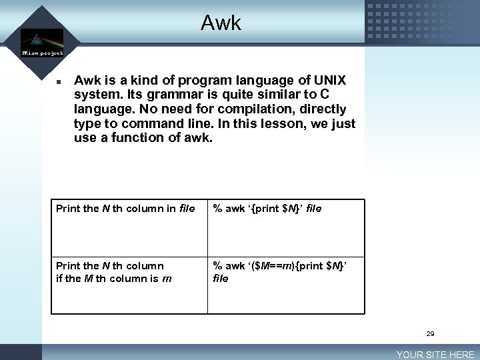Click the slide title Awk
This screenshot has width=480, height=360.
click(x=221, y=24)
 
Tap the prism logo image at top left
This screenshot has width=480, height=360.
click(x=41, y=38)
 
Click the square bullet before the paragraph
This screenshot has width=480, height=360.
click(x=59, y=82)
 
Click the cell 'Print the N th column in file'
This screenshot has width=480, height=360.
click(x=125, y=209)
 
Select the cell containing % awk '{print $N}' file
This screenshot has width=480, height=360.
click(x=267, y=209)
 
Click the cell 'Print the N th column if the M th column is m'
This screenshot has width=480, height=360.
click(x=114, y=272)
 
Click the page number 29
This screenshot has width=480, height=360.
click(x=430, y=333)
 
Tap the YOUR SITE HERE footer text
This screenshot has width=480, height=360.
click(x=435, y=355)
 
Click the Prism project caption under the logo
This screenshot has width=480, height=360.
click(x=42, y=53)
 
